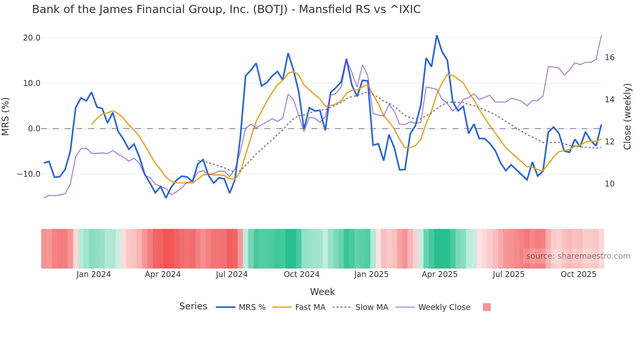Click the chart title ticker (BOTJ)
point(270,9)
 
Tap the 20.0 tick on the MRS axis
point(32,38)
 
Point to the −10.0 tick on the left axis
point(29,174)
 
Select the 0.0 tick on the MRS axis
point(34,129)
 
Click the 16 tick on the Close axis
point(609,57)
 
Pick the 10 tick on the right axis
point(609,184)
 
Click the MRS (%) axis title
point(6,117)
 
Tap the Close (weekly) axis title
point(627,117)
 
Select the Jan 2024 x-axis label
point(94,274)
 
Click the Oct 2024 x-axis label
point(301,274)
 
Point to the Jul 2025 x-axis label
point(508,274)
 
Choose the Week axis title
point(322,292)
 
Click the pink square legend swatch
point(487,307)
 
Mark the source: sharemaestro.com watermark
point(578,256)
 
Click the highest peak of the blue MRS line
point(437,35)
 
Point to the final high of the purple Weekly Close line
point(601,35)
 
